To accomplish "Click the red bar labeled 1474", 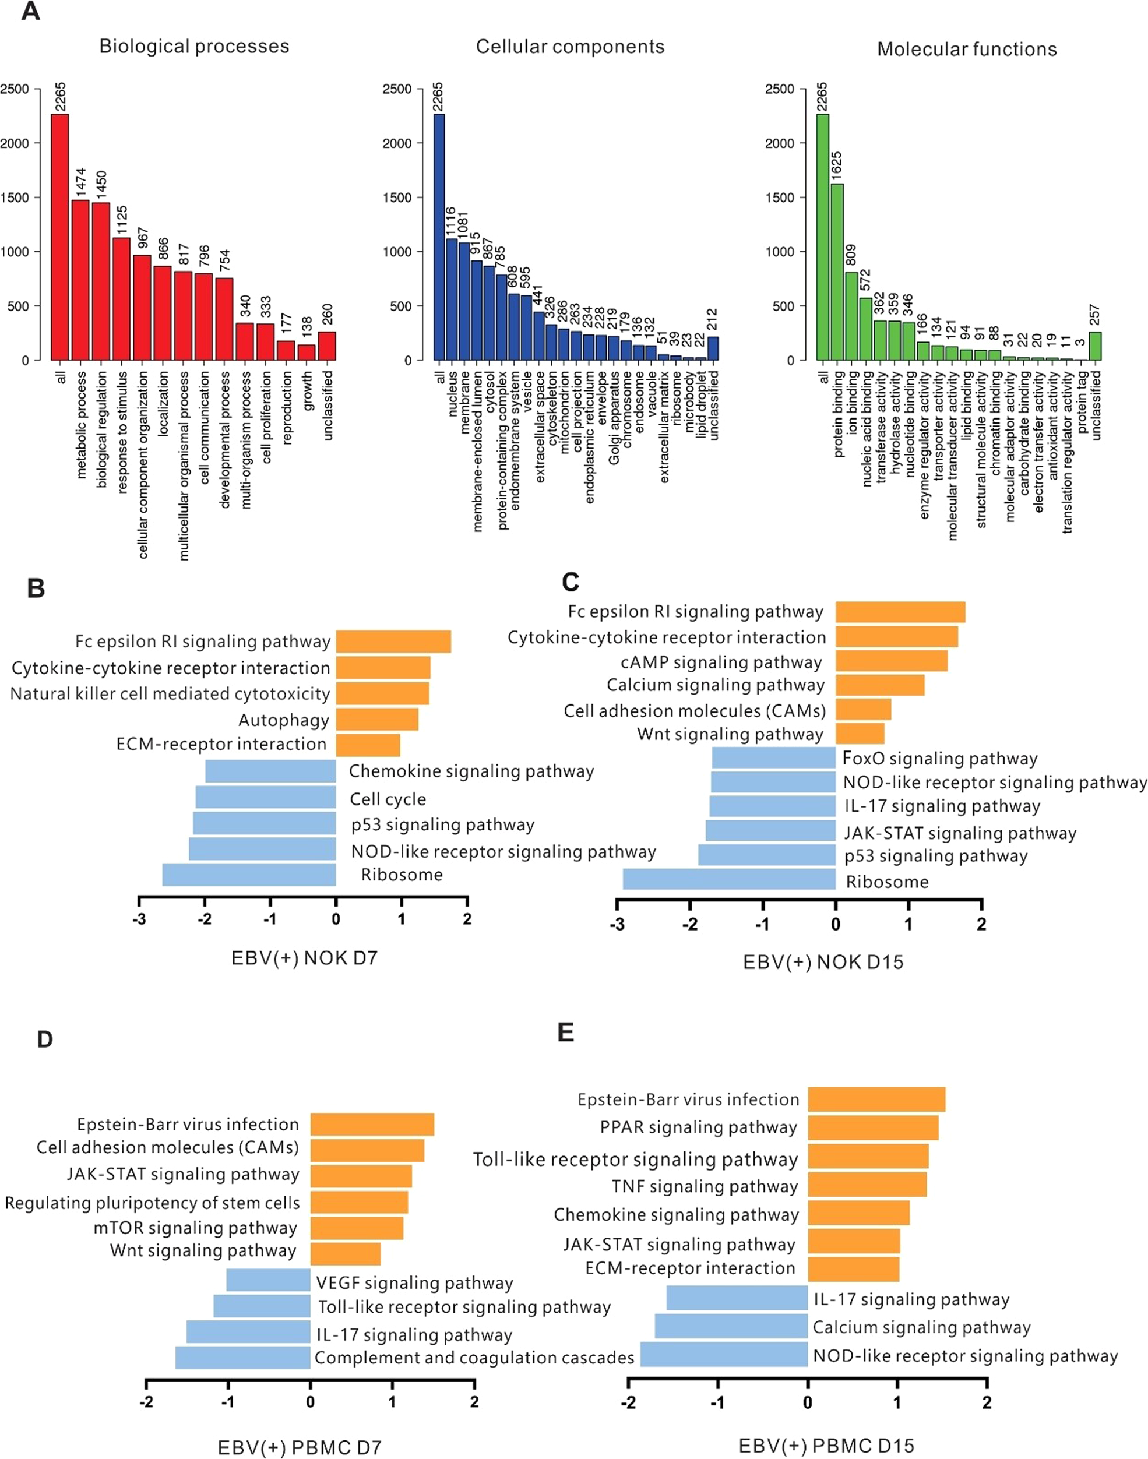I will pos(80,279).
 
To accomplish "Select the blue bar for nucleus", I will pos(452,299).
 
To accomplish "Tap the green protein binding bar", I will pos(837,272).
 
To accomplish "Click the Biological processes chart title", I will pos(194,47).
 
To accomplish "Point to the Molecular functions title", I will pos(967,49).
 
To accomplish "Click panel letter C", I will pos(570,582).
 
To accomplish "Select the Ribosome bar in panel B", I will pos(249,875).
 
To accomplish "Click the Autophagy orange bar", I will pos(377,719).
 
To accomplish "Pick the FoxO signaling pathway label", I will pos(939,758).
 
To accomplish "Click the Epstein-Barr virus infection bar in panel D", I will pos(372,1125).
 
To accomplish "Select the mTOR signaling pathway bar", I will pos(356,1228).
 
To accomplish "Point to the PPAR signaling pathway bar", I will pos(872,1127).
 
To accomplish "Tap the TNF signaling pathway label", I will pos(705,1186).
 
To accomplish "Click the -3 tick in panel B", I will pos(139,919).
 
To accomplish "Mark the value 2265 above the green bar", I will pos(823,97).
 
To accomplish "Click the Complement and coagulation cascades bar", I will pos(242,1358).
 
